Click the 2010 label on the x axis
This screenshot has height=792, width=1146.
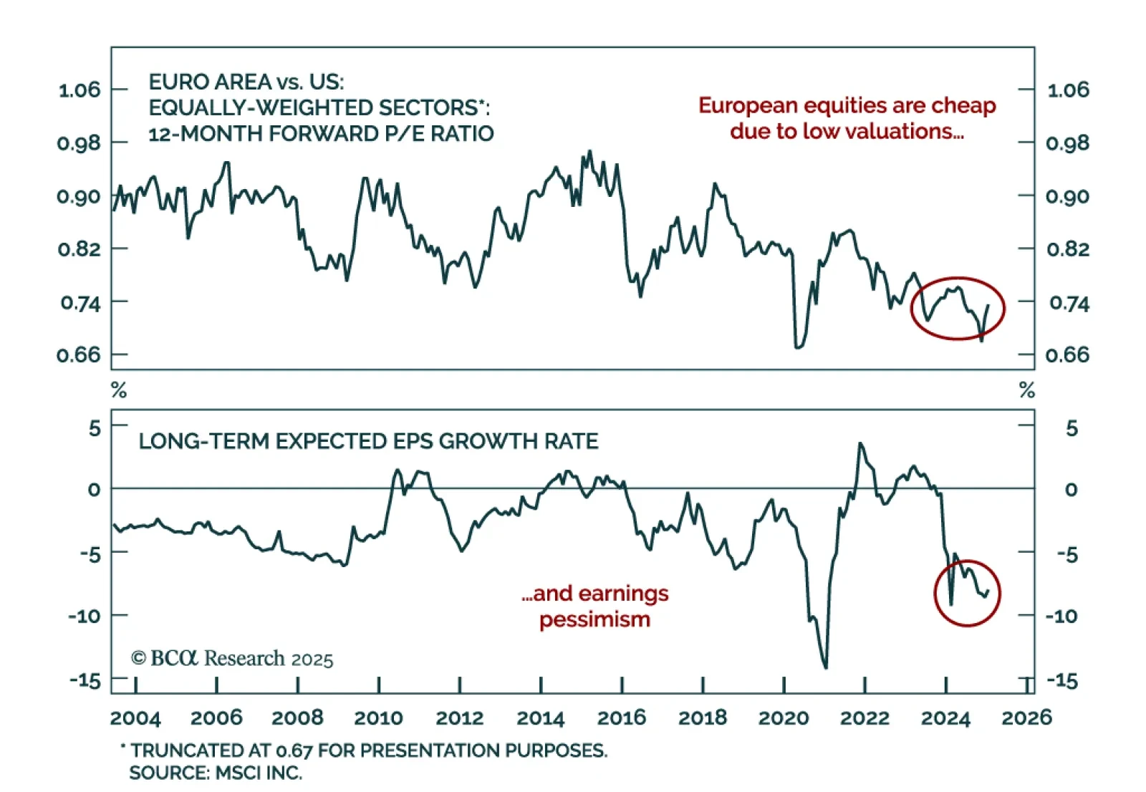pos(378,718)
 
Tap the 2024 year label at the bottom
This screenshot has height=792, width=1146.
pos(945,718)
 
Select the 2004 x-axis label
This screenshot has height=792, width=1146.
pos(135,718)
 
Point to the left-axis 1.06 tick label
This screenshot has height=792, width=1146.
pos(80,90)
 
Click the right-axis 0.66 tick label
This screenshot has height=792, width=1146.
pos(1067,355)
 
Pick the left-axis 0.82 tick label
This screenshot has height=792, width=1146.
pos(80,249)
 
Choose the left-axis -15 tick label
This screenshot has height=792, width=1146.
pos(85,680)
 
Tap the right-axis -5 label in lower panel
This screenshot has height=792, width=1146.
pos(1067,554)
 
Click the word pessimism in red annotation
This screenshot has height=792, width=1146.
pos(594,619)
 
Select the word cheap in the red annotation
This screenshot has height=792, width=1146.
pos(963,106)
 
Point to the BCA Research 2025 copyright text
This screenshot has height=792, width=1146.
pos(232,659)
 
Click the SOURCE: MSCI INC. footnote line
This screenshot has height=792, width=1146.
pos(216,773)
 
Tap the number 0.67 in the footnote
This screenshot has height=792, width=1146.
pos(294,750)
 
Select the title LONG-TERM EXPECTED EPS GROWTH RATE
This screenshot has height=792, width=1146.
pos(368,441)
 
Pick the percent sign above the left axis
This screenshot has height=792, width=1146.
pos(119,390)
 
